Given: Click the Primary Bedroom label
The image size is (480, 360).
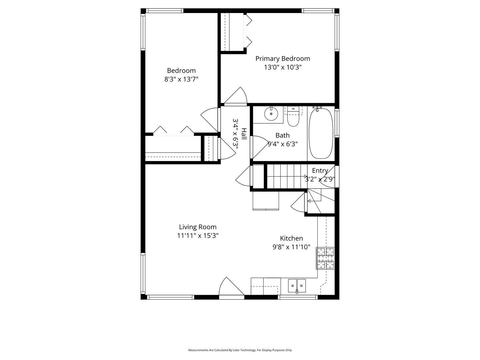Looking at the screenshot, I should pyautogui.click(x=282, y=59).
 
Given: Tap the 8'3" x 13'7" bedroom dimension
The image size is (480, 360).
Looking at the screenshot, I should pyautogui.click(x=181, y=79).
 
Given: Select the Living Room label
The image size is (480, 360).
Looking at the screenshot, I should pyautogui.click(x=198, y=227).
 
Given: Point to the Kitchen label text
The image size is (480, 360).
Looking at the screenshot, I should pyautogui.click(x=291, y=238).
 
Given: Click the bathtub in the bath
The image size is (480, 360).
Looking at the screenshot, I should pyautogui.click(x=321, y=133).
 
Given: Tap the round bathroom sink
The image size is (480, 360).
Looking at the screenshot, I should pyautogui.click(x=271, y=114).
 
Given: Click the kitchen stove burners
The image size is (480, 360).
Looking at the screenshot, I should pyautogui.click(x=325, y=258).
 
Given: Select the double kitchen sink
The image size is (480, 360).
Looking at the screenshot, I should pyautogui.click(x=297, y=286).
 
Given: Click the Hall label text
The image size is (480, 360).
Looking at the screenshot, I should pyautogui.click(x=244, y=134).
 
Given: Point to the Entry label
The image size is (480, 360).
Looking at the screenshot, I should pyautogui.click(x=320, y=171).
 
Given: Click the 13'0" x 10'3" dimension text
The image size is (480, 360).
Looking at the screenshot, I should pyautogui.click(x=283, y=67).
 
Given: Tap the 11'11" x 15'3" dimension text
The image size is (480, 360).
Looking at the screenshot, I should pyautogui.click(x=198, y=236).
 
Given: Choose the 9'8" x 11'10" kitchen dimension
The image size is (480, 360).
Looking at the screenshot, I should pyautogui.click(x=291, y=247).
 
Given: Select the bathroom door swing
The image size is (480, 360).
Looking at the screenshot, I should pyautogui.click(x=258, y=147).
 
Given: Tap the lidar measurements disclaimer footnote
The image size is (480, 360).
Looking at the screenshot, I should pyautogui.click(x=240, y=350).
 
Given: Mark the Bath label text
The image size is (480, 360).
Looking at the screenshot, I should pyautogui.click(x=282, y=135).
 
